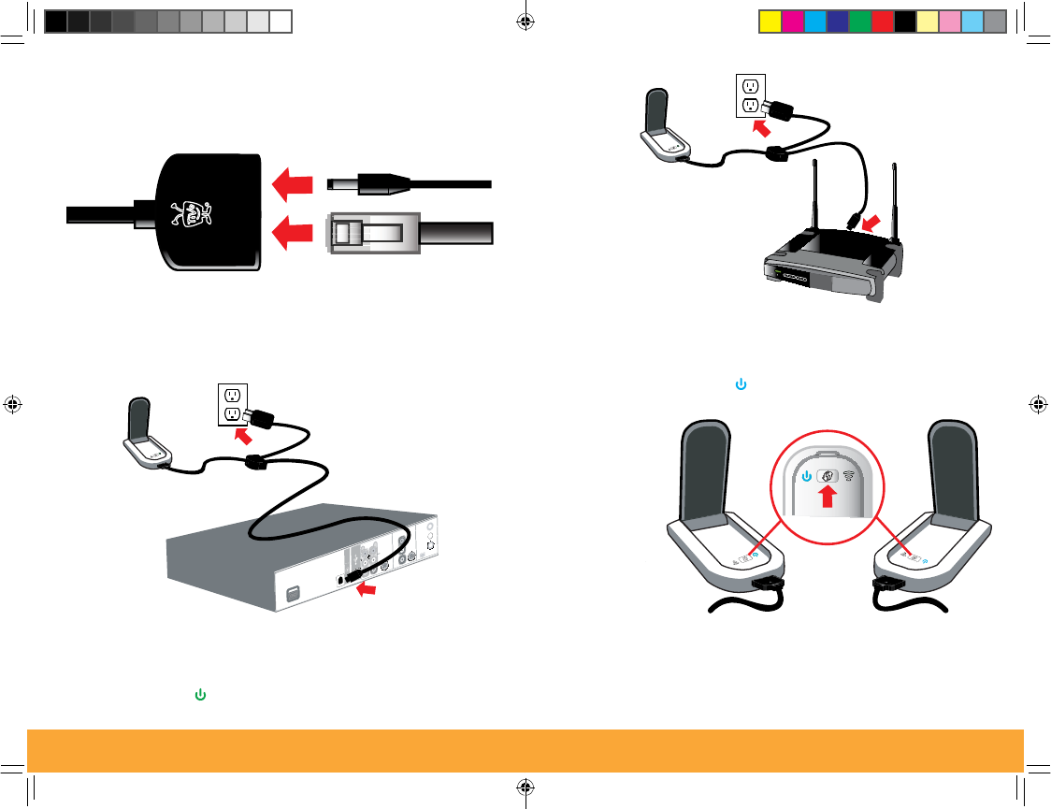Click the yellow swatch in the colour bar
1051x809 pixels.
click(x=769, y=21)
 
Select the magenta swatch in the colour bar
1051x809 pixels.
click(x=791, y=21)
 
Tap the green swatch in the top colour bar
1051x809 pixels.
click(x=859, y=21)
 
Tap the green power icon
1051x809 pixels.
click(x=200, y=695)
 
